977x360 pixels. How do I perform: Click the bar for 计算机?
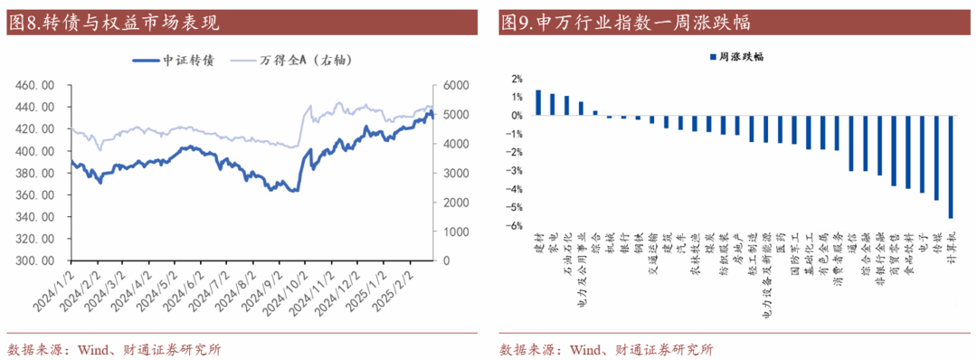(x=950, y=166)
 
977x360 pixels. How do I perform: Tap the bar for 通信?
(x=850, y=143)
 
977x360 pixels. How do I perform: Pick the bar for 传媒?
(x=936, y=157)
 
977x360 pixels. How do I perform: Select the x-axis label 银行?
(x=623, y=241)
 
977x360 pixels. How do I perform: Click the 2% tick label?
(x=517, y=79)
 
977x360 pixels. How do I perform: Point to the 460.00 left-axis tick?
(x=37, y=85)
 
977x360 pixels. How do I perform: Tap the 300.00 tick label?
(x=37, y=261)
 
